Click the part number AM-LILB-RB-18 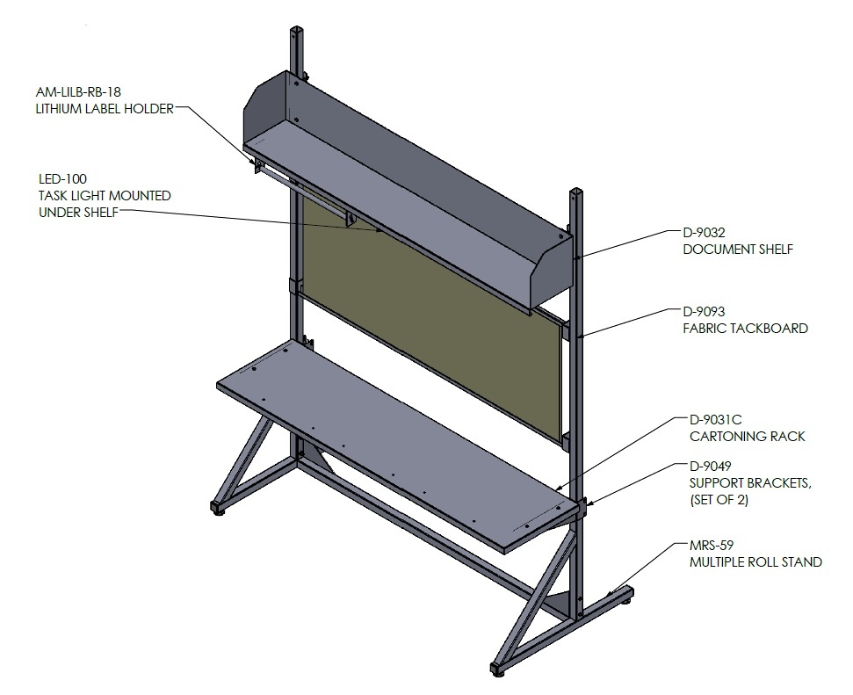click(x=78, y=92)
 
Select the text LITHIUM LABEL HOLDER click(x=105, y=109)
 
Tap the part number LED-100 click(x=62, y=179)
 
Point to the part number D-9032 click(x=704, y=233)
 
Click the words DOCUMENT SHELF click(x=738, y=250)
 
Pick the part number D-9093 click(x=704, y=312)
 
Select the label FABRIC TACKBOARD click(x=745, y=329)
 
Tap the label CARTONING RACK click(x=748, y=437)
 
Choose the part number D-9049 click(x=711, y=467)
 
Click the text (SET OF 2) click(x=719, y=500)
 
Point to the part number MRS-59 click(x=712, y=546)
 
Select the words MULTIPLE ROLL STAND click(x=755, y=561)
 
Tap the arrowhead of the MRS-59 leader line click(x=610, y=594)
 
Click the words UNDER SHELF click(x=78, y=213)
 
